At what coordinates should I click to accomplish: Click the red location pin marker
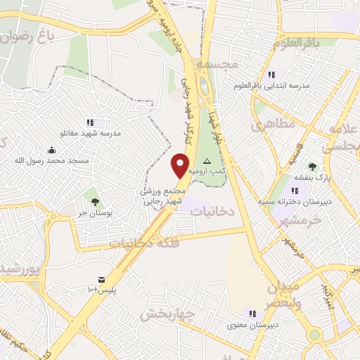tap(181, 165)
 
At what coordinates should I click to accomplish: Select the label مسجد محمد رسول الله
tap(52, 160)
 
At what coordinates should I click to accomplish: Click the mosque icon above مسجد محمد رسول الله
tap(52, 150)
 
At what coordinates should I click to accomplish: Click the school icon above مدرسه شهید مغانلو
tap(90, 122)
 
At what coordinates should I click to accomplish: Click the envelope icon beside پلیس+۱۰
tap(103, 280)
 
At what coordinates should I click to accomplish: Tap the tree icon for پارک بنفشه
tap(312, 167)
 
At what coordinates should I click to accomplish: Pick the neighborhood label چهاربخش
tap(166, 314)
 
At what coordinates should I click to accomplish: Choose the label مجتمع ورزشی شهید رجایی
tap(163, 195)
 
